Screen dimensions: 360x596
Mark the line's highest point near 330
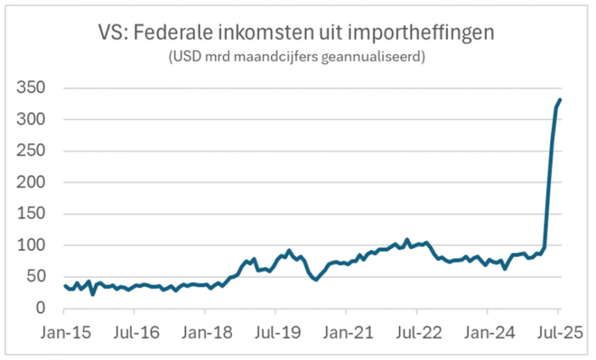(561, 100)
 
